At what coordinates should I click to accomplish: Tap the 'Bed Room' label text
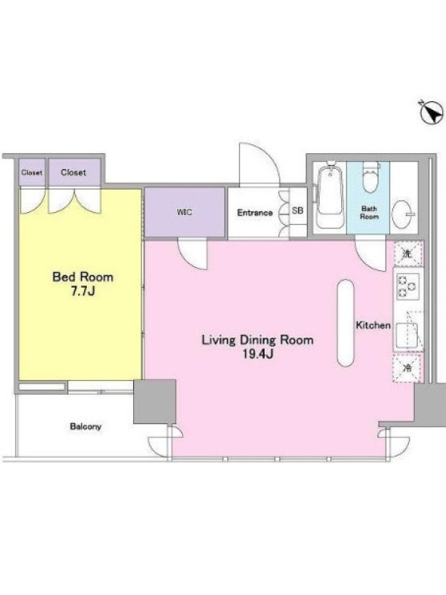coord(83,277)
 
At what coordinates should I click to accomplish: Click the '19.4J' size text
coord(257,355)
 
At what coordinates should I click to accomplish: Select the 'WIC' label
coord(184,212)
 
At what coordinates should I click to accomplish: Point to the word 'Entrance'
coord(255,213)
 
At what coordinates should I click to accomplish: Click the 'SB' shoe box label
coord(298,210)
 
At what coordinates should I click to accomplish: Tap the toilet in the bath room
coord(370,176)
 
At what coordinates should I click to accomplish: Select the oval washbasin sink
coord(403,214)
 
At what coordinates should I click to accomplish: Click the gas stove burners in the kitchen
coord(407,286)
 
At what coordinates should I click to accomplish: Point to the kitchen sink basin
coord(406,335)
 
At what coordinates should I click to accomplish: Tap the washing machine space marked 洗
coord(407,254)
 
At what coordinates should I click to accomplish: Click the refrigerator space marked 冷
coord(407,367)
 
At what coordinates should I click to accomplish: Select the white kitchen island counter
coord(346,323)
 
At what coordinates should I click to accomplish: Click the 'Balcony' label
coord(85,426)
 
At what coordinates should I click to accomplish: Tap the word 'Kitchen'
coord(373,325)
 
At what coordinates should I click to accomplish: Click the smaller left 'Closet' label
coord(32,173)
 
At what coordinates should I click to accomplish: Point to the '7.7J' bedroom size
coord(83,292)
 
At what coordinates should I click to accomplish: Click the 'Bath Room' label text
coord(369,213)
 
